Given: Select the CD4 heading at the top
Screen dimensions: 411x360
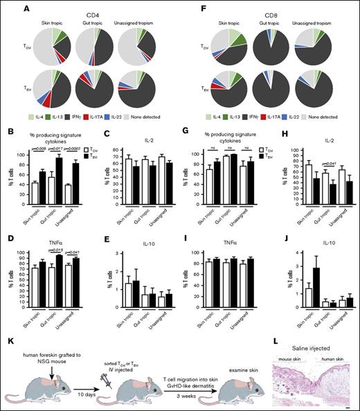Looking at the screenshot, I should coord(91,8).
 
